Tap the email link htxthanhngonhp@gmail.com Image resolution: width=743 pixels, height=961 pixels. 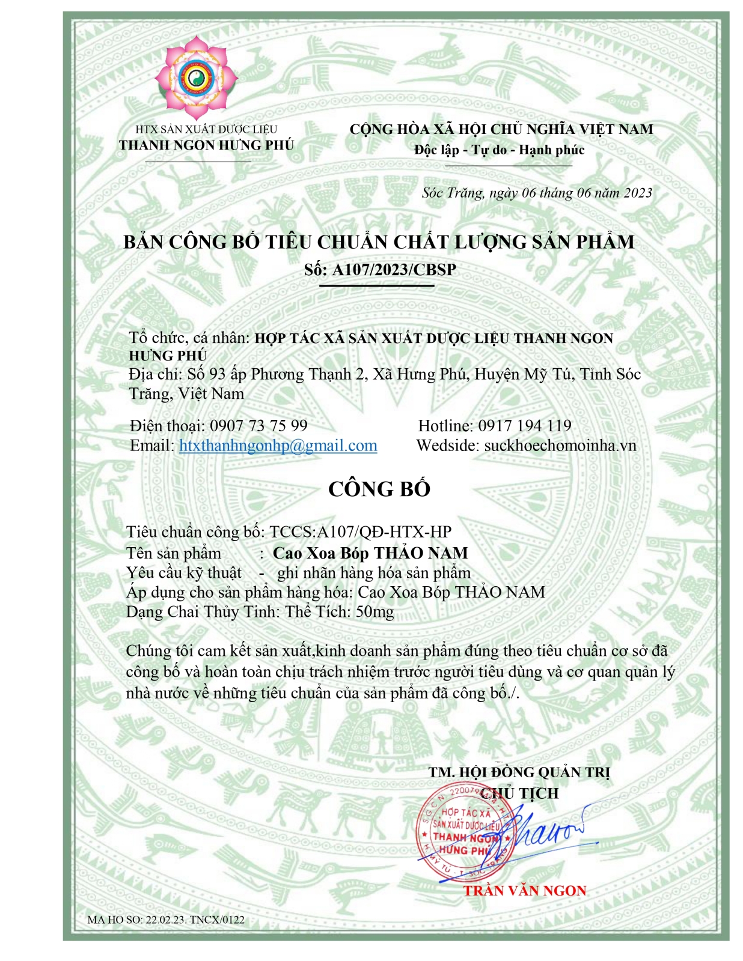(278, 446)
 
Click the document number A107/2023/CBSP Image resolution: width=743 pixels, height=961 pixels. (394, 270)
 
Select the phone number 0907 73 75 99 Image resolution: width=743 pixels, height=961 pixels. (258, 426)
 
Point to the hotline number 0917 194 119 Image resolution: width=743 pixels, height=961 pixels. (525, 426)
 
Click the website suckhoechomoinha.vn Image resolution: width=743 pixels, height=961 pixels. (560, 446)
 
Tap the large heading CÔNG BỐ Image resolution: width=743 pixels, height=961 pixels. (379, 489)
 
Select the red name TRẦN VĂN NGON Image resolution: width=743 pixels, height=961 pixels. (524, 891)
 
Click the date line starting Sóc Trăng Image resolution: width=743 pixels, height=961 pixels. (537, 193)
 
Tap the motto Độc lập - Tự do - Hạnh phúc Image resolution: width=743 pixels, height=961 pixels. (499, 150)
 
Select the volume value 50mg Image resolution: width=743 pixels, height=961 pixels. (375, 612)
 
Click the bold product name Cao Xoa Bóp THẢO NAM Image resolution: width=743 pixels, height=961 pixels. (370, 553)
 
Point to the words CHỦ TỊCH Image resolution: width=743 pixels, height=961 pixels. (521, 793)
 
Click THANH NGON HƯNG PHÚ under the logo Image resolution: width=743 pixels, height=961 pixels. (206, 145)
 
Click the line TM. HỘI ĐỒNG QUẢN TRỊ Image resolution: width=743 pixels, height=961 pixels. (519, 772)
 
